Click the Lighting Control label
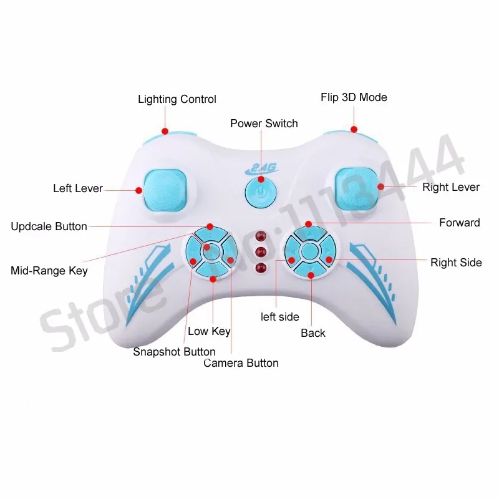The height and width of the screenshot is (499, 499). coord(177,99)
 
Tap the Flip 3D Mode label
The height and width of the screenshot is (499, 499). coord(354,97)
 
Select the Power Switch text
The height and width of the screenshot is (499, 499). coord(264,124)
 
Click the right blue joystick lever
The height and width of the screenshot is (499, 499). coord(356,187)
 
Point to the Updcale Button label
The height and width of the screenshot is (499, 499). coord(49,226)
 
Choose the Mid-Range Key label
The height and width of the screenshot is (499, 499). coord(49,271)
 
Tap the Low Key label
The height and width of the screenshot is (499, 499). coord(209,331)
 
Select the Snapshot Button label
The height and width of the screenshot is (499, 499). coord(174,352)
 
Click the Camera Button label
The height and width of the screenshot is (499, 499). coord(241,363)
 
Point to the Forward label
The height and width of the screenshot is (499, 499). coord(459,223)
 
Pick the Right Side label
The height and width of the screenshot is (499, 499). coord(456,263)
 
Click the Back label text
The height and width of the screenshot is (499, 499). coord(313,333)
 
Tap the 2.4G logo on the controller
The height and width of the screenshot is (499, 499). coord(260,167)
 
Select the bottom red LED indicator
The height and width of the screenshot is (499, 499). coord(261,268)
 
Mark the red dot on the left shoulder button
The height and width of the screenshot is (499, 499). coord(165,131)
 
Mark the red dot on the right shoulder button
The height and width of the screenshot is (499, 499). coord(354,130)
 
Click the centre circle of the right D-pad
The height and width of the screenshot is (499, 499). coord(309,251)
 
